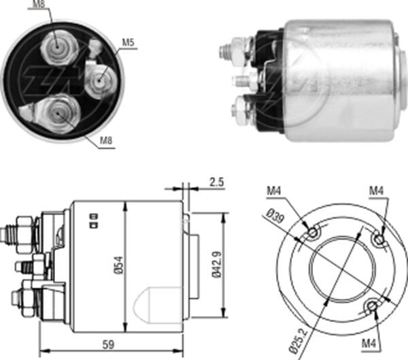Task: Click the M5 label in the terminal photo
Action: tap(128, 43)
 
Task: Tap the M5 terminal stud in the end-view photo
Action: tap(101, 80)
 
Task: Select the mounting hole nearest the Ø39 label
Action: tap(312, 234)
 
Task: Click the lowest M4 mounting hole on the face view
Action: tap(372, 308)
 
